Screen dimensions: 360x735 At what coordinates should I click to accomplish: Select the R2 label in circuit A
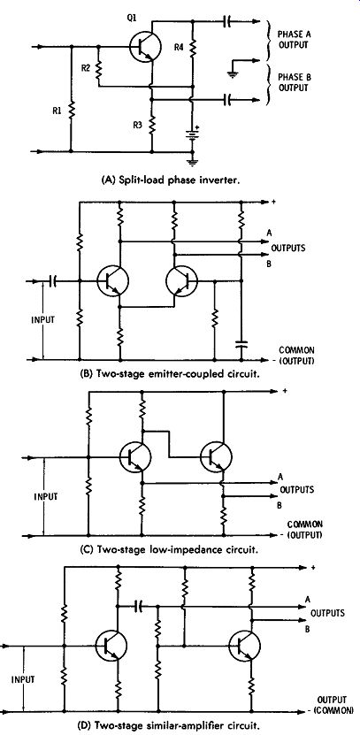pyautogui.click(x=85, y=68)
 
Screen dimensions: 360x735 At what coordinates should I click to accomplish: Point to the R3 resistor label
pyautogui.click(x=138, y=125)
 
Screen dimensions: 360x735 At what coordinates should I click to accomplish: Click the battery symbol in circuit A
pyautogui.click(x=192, y=136)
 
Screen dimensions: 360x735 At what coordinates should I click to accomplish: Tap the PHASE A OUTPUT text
pyautogui.click(x=294, y=39)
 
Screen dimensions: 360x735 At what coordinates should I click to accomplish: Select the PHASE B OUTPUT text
pyautogui.click(x=294, y=82)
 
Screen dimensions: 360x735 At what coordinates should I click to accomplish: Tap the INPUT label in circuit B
pyautogui.click(x=42, y=320)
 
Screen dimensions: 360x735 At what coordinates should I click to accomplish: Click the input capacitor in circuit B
pyautogui.click(x=53, y=281)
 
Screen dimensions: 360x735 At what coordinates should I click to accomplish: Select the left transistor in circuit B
pyautogui.click(x=113, y=281)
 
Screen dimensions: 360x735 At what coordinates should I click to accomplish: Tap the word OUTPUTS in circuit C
pyautogui.click(x=296, y=490)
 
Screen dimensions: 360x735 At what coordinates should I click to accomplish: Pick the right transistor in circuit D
pyautogui.click(x=245, y=646)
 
